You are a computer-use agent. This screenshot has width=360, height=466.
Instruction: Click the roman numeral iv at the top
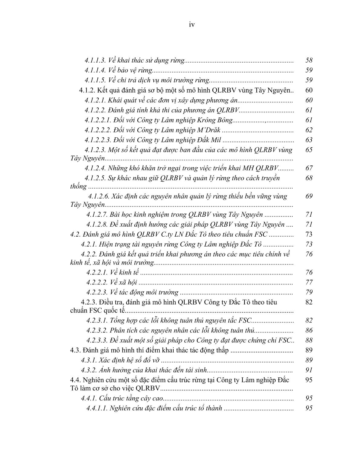191,25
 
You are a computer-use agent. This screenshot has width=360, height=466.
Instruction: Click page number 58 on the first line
309,60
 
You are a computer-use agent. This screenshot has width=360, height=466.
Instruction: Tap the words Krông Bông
217,120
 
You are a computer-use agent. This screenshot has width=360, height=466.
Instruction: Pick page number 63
309,140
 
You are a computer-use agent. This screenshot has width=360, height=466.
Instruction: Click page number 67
309,168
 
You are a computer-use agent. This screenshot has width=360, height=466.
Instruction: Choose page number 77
309,282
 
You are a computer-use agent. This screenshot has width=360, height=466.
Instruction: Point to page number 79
309,292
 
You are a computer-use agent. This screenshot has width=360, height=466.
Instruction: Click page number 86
309,330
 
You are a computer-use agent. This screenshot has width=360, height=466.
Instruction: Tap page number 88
309,340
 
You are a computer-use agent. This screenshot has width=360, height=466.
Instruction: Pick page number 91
309,370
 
